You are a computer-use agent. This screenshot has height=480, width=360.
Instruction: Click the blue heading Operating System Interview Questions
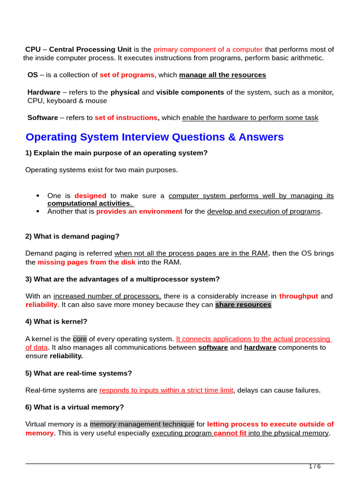coord(154,137)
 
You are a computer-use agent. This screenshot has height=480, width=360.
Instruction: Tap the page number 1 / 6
coord(315,466)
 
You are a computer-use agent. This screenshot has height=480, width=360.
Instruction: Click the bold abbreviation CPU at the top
coord(33,49)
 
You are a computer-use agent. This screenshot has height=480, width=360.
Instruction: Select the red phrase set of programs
coord(127,75)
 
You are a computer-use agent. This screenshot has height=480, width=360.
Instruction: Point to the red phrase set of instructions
coord(126,118)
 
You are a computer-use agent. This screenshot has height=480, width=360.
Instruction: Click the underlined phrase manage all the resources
coord(222,75)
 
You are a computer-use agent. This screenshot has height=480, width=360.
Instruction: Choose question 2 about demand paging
coord(73,236)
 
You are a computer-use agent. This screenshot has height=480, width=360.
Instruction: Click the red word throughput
coord(299,296)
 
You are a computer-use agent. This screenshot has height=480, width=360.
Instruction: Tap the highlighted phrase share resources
coord(243,305)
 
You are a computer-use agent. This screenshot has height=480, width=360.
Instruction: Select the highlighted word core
coord(80,338)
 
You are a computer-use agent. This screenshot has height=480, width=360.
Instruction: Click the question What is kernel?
coord(56,322)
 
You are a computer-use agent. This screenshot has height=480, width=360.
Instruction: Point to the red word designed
coord(90,195)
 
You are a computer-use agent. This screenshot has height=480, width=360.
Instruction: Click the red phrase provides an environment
coord(139,211)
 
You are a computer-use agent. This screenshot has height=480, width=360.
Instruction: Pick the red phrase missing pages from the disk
coord(87,262)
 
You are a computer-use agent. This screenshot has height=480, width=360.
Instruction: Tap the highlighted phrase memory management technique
coord(142,424)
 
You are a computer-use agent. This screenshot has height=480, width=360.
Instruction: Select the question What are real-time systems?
coord(79,373)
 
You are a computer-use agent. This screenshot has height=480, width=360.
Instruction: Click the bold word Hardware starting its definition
coord(44,92)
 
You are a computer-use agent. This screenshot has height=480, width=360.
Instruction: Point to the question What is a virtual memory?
coord(74,407)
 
